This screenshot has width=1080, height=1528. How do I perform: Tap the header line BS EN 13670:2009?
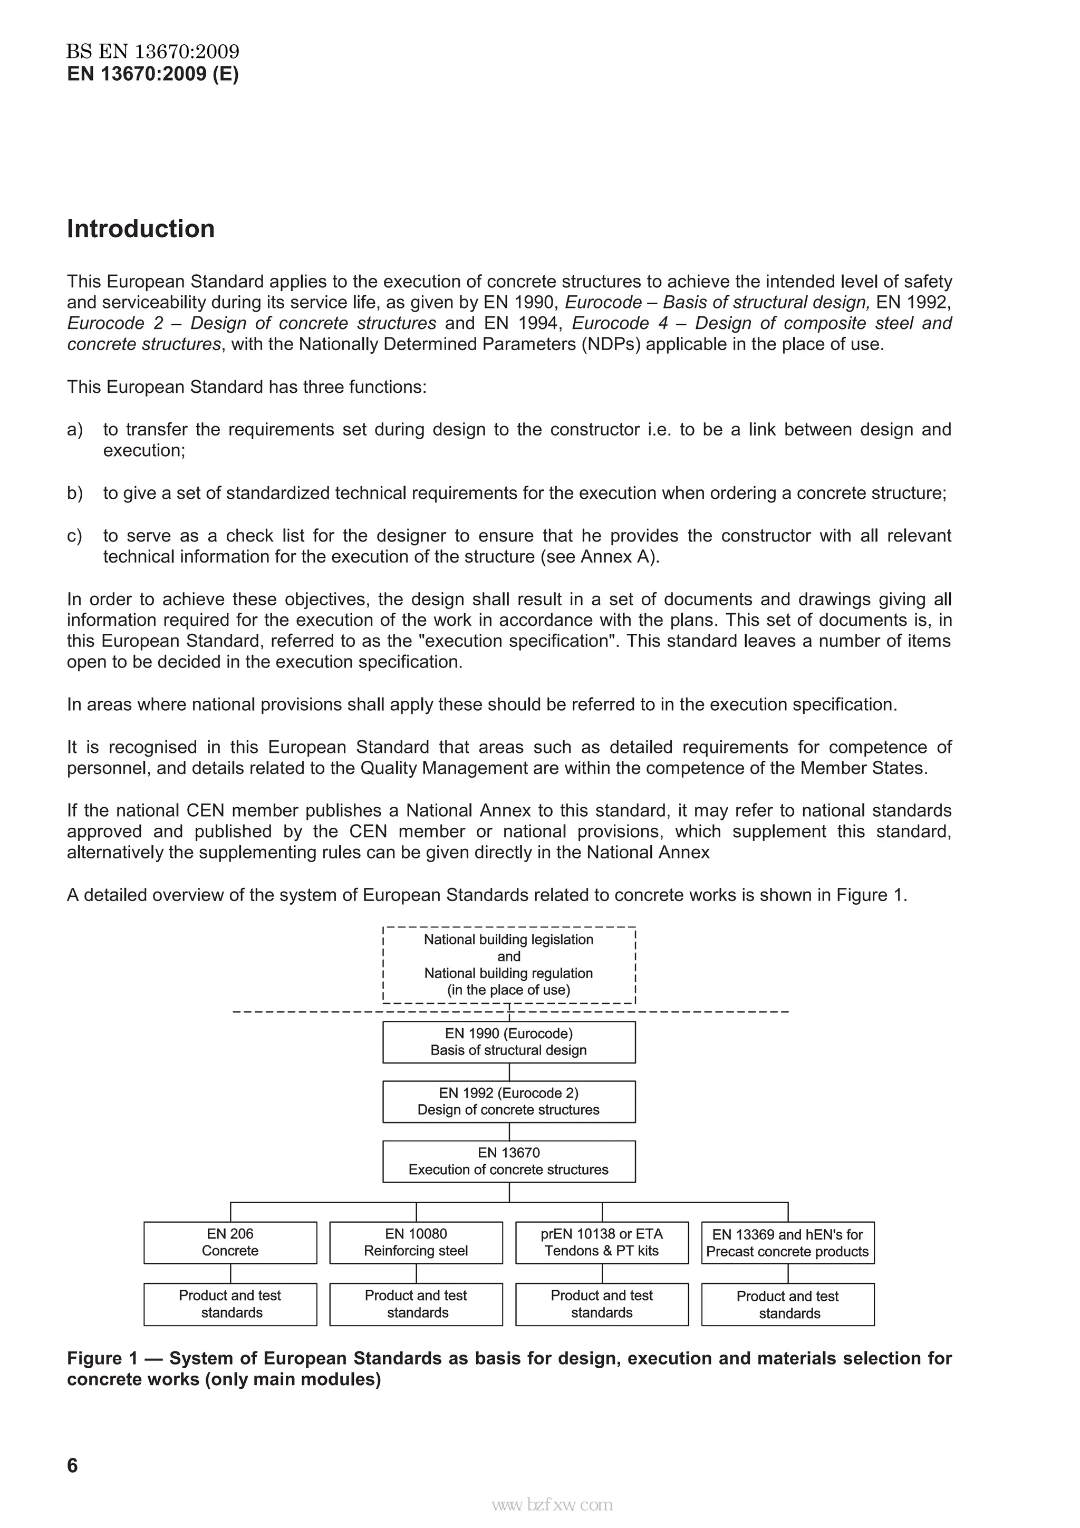(x=152, y=51)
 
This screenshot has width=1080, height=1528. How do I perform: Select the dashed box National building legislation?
(x=508, y=964)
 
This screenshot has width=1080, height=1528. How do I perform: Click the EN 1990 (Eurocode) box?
(x=508, y=1042)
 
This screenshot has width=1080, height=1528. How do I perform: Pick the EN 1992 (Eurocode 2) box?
(x=508, y=1101)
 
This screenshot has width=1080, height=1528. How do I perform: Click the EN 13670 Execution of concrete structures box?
(x=508, y=1162)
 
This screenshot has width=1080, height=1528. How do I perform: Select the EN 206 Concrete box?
(x=230, y=1243)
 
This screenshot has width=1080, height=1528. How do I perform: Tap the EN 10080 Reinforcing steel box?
(x=416, y=1243)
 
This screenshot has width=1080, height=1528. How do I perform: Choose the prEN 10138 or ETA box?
(x=602, y=1243)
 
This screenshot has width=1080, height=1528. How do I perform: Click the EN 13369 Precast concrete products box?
(x=787, y=1243)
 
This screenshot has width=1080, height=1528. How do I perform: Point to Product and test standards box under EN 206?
(x=230, y=1304)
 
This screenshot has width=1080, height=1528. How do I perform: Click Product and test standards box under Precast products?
(x=787, y=1305)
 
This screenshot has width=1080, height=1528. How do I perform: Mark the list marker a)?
(x=74, y=430)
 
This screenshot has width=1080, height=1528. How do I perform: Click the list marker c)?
(x=74, y=536)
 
